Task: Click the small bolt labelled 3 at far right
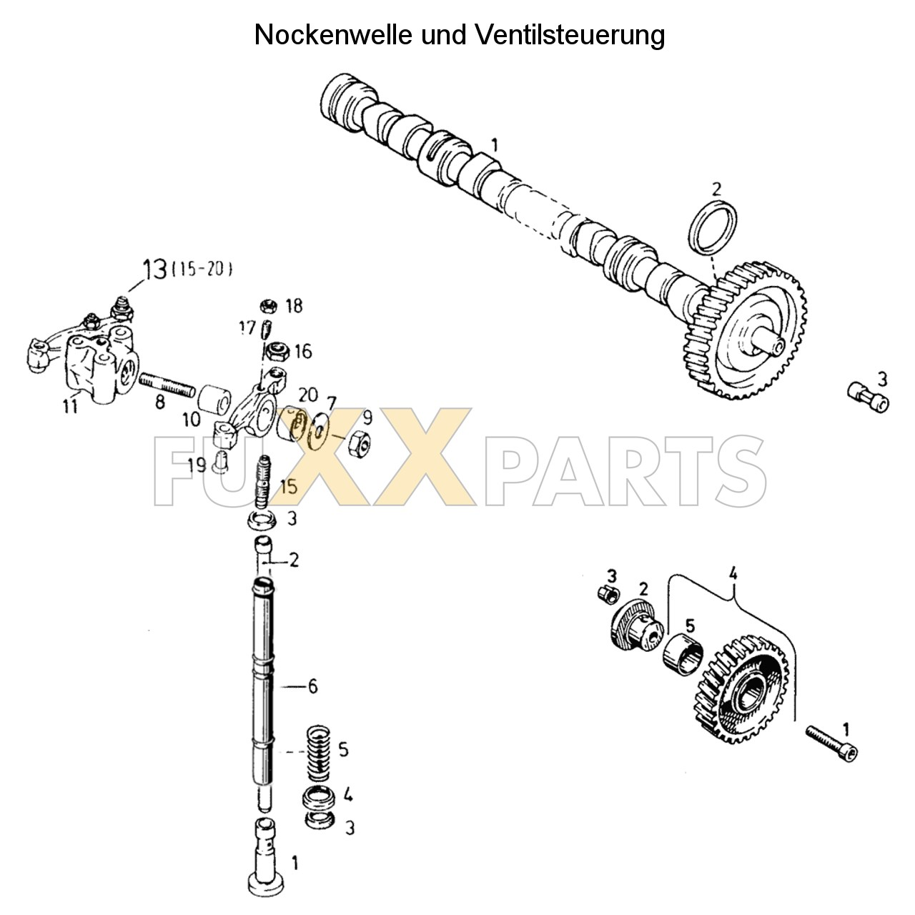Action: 867,396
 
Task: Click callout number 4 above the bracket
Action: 732,573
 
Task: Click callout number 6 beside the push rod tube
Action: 312,686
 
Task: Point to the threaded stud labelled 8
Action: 167,383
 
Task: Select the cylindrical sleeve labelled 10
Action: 214,400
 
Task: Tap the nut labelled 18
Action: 270,307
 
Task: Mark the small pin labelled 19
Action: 219,464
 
